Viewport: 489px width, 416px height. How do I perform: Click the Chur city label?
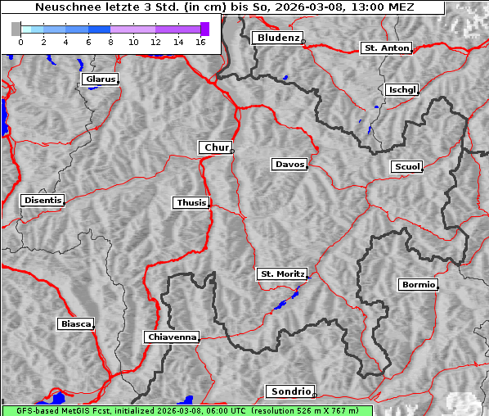[x=216, y=147]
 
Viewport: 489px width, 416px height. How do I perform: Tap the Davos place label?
[x=289, y=165]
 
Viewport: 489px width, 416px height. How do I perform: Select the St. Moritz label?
[x=281, y=274]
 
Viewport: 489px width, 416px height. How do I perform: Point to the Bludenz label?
[x=276, y=38]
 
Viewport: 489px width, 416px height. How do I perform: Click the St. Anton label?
[x=386, y=48]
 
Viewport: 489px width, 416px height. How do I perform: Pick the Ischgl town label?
[x=402, y=89]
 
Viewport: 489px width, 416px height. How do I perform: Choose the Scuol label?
[x=406, y=167]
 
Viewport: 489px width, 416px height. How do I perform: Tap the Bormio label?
[x=418, y=285]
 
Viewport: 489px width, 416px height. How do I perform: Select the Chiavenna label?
[x=172, y=337]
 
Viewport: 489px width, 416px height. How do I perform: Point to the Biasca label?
[x=75, y=324]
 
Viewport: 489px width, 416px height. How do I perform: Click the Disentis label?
[x=42, y=200]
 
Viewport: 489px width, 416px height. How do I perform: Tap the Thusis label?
[x=191, y=202]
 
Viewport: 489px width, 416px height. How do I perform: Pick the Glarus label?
[x=99, y=79]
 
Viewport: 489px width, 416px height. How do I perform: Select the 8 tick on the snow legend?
[x=110, y=42]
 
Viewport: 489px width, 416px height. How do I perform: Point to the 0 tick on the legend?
[x=20, y=42]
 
